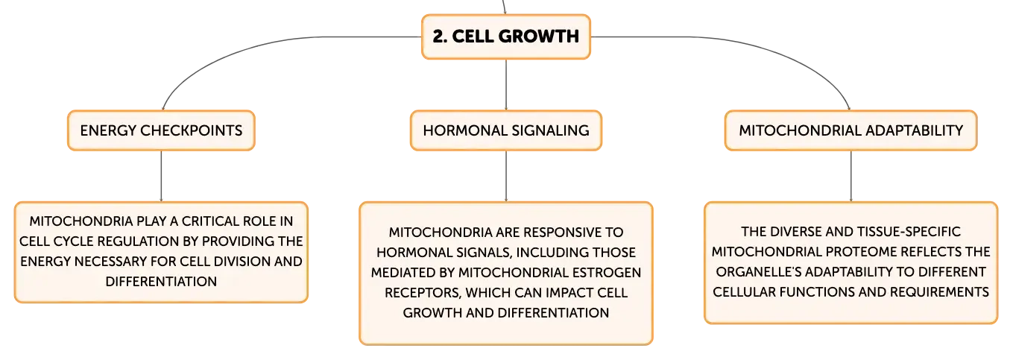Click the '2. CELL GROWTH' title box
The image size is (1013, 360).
coord(506,37)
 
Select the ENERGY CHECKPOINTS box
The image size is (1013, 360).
coord(162,130)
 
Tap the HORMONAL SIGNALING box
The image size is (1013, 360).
coord(506,130)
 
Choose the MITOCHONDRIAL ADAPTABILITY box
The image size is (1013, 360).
coord(851,130)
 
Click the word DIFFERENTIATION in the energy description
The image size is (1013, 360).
coord(162,281)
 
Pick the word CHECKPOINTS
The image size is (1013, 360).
coord(192,130)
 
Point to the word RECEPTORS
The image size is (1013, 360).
coord(423,293)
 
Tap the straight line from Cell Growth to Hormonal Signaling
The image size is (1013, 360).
coord(506,84)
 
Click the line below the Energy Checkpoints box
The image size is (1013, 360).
coord(162,176)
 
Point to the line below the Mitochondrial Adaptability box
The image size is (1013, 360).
coord(851,176)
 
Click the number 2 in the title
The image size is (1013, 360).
coord(438,37)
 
